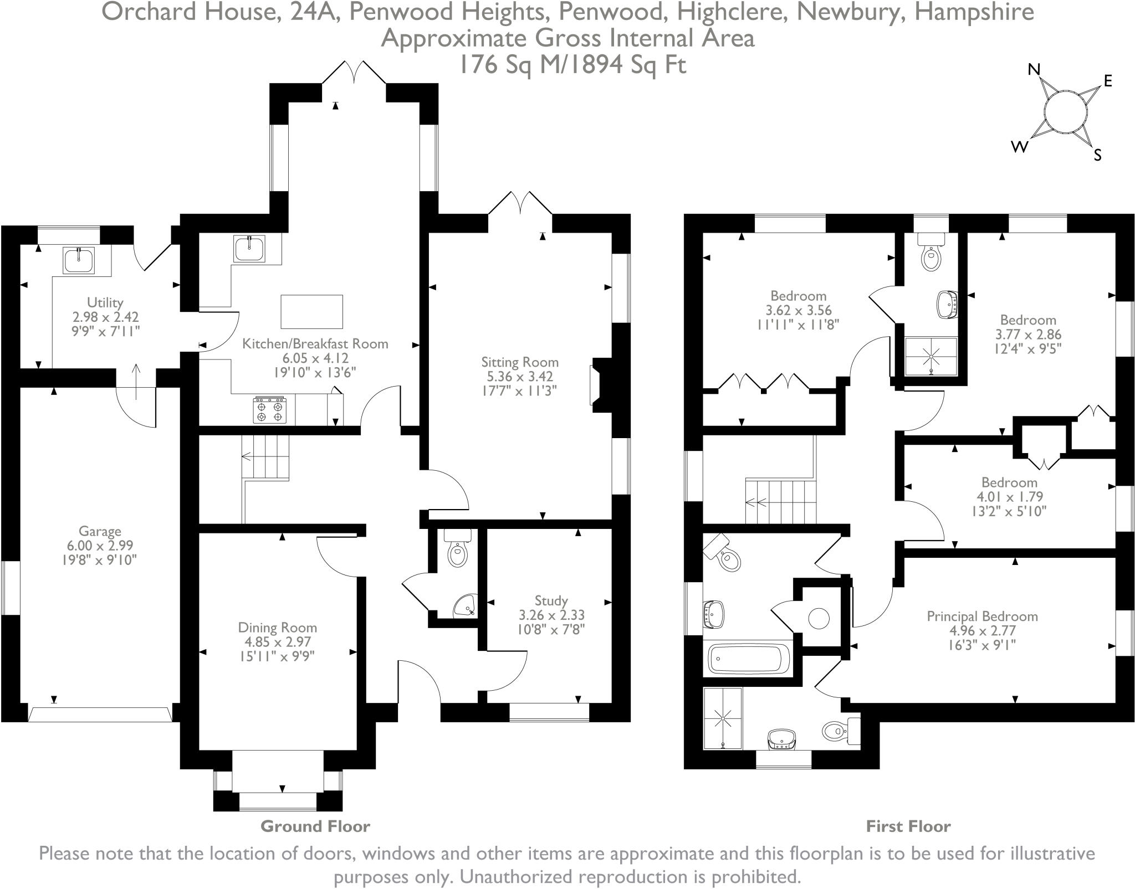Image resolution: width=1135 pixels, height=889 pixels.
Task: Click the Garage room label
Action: pyautogui.click(x=100, y=532)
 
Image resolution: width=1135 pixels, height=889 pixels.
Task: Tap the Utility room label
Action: pyautogui.click(x=105, y=303)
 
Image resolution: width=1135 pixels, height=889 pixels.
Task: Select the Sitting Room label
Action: pyautogui.click(x=519, y=362)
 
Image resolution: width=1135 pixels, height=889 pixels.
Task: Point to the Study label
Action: pyautogui.click(x=551, y=600)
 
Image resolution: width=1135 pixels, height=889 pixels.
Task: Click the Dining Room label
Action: pyautogui.click(x=277, y=628)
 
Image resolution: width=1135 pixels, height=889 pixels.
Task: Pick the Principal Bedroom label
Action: pyautogui.click(x=982, y=616)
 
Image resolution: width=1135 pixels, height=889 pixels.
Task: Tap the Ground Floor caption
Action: pyautogui.click(x=315, y=826)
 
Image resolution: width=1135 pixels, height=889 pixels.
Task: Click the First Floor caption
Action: pyautogui.click(x=908, y=826)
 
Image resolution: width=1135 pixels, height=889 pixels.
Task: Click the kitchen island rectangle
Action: pyautogui.click(x=312, y=312)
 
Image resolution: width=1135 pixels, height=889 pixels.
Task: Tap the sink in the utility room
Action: pyautogui.click(x=79, y=260)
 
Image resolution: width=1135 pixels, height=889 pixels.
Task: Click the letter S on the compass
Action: pyautogui.click(x=1097, y=155)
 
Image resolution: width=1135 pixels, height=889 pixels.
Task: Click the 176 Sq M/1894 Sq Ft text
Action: pyautogui.click(x=572, y=65)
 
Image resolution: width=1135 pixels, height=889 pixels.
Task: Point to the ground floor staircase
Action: pyautogui.click(x=266, y=457)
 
